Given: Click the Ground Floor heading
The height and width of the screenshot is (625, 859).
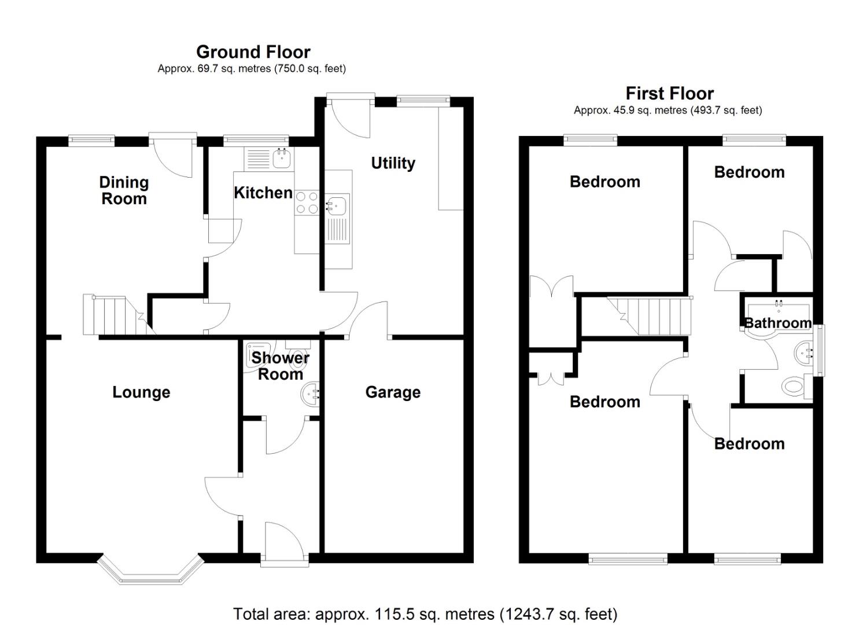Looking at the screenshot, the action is pyautogui.click(x=253, y=52).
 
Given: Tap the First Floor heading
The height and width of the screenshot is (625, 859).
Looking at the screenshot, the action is pyautogui.click(x=670, y=94).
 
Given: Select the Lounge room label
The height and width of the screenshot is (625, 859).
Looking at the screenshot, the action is pyautogui.click(x=141, y=392).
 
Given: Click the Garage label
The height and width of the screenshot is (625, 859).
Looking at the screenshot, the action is pyautogui.click(x=393, y=392).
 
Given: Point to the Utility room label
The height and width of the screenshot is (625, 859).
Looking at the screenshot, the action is pyautogui.click(x=393, y=163).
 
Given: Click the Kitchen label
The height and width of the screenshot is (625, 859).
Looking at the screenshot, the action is pyautogui.click(x=263, y=193).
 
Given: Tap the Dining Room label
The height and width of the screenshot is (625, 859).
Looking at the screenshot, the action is pyautogui.click(x=124, y=191).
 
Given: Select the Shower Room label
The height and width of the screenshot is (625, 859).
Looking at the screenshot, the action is pyautogui.click(x=281, y=366).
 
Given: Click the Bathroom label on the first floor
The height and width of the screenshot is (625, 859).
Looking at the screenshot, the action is pyautogui.click(x=777, y=323).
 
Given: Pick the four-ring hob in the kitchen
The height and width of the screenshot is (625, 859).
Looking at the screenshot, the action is pyautogui.click(x=307, y=203).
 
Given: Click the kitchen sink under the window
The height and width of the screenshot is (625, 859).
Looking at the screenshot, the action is pyautogui.click(x=282, y=159).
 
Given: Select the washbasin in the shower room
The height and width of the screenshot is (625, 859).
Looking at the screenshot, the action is pyautogui.click(x=311, y=394).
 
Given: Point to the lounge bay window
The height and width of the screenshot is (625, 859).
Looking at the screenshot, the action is pyautogui.click(x=150, y=571).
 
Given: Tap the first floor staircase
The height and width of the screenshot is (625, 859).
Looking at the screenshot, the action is pyautogui.click(x=650, y=316).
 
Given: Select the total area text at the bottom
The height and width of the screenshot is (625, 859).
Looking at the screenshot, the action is pyautogui.click(x=425, y=614).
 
